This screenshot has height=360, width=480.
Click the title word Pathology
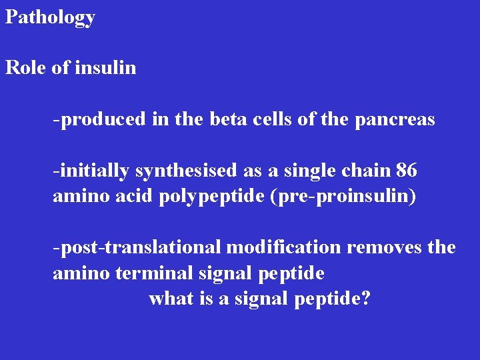point(50,17)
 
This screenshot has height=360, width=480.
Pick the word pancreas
point(395,120)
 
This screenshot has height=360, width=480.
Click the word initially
point(93,171)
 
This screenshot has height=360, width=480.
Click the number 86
point(406,171)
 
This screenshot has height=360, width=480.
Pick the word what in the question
point(171,299)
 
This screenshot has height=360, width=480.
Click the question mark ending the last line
point(365,299)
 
